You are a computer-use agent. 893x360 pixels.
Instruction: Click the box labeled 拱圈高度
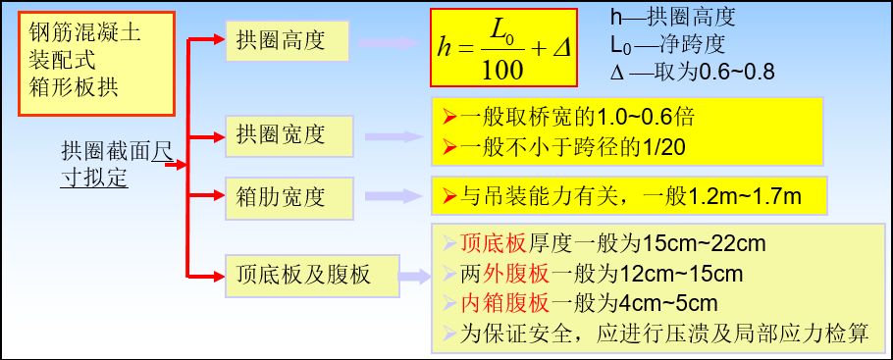tap(289, 41)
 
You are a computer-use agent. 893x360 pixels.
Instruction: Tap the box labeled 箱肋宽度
tap(289, 195)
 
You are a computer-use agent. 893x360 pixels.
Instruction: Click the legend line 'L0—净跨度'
tap(668, 45)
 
